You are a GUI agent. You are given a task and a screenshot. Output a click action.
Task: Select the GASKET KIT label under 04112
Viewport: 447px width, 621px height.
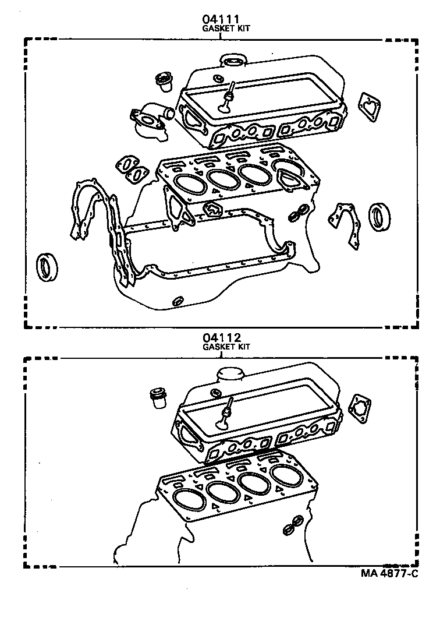226,347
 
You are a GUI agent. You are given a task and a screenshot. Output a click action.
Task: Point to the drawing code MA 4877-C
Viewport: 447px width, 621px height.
389,573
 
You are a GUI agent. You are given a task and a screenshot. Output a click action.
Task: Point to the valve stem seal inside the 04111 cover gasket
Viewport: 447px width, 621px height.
227,99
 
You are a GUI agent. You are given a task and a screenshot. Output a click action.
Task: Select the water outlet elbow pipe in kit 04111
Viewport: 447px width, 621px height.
152,117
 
